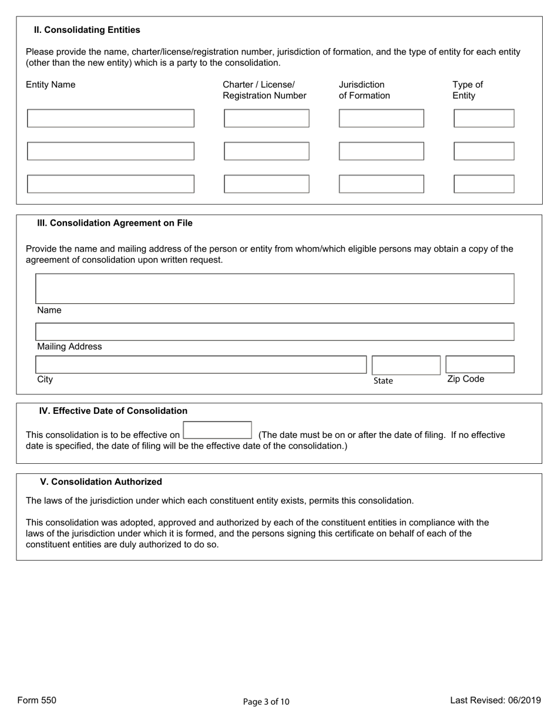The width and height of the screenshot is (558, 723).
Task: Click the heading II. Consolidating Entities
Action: (x=87, y=30)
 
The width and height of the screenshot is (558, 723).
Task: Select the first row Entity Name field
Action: (x=110, y=118)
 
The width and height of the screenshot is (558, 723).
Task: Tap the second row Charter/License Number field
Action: (x=266, y=151)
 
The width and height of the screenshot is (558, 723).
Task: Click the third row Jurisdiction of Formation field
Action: (x=381, y=184)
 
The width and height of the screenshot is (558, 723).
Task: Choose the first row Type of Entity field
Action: (x=483, y=118)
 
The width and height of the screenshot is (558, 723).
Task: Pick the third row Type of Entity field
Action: (x=483, y=184)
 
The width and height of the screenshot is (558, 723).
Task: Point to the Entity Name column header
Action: (x=51, y=85)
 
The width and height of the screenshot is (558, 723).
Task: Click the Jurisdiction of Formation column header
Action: (x=364, y=90)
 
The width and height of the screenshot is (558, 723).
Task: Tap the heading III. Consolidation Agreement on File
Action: (x=115, y=223)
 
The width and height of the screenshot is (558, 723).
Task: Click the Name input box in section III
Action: (x=274, y=289)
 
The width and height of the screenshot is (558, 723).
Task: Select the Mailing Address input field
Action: (x=274, y=332)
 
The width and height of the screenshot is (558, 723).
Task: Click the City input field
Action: (x=201, y=364)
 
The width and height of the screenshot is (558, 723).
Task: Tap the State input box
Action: (x=405, y=365)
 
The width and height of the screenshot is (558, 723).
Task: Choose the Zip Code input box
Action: (x=479, y=364)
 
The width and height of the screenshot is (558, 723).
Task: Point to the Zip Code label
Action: (x=466, y=379)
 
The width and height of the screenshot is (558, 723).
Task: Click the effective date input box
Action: (x=217, y=430)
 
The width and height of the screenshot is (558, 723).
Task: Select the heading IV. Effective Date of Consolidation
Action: (x=113, y=411)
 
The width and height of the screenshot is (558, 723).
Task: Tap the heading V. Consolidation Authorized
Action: (x=101, y=482)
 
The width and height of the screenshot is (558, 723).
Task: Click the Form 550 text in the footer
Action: (x=37, y=700)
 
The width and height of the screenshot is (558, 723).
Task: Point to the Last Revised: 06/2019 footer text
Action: (x=495, y=700)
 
